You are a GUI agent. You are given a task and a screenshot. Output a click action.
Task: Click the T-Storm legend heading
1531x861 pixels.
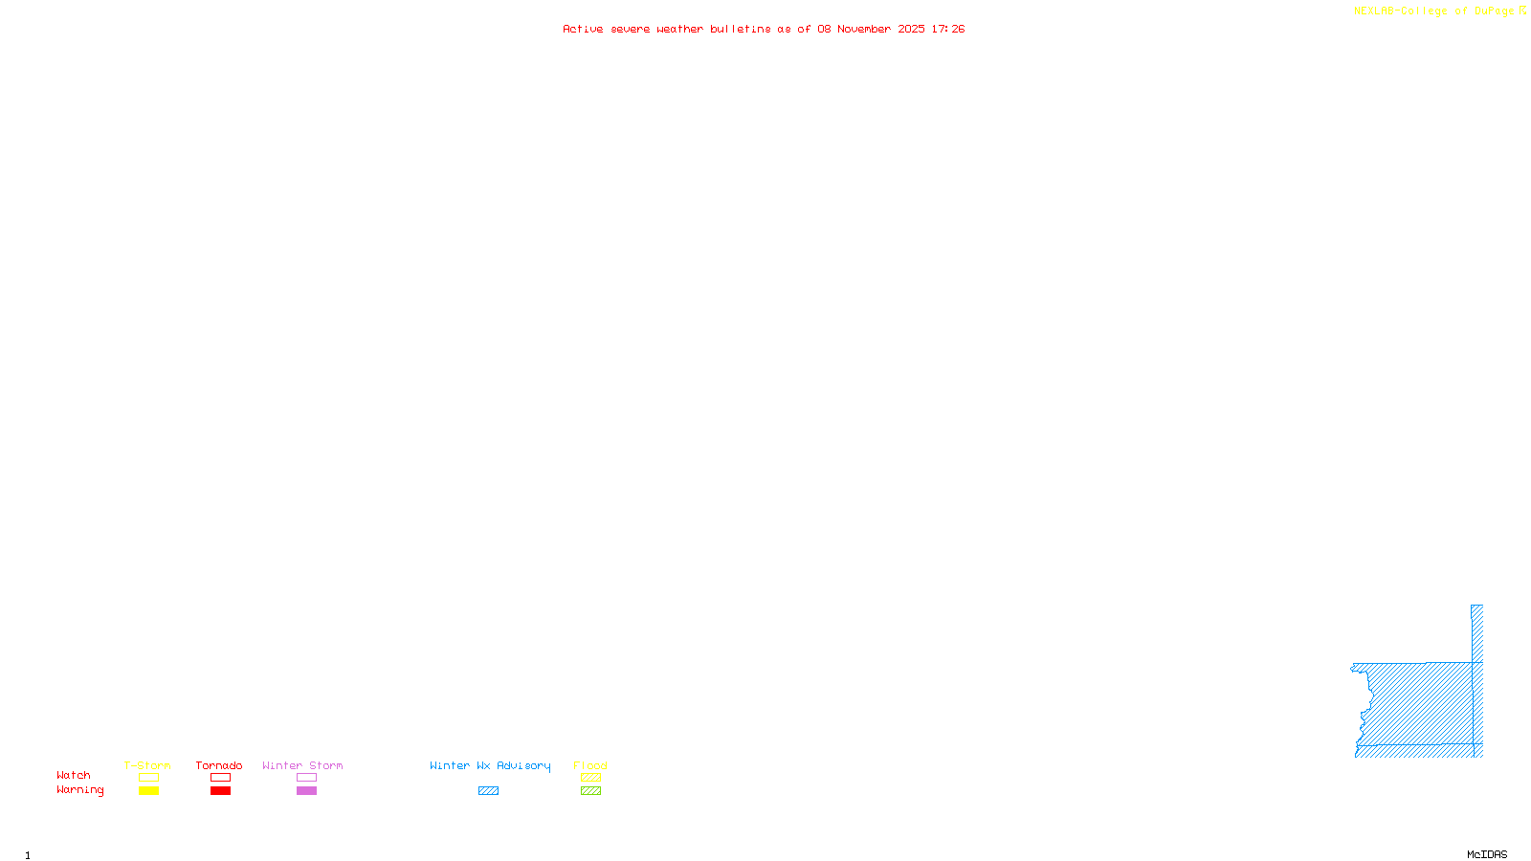(147, 765)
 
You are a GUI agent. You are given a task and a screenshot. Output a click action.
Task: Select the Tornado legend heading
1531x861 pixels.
(219, 765)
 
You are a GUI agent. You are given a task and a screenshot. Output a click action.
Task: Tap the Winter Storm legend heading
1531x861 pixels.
(302, 765)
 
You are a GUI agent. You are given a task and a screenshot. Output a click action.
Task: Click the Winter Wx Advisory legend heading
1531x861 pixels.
(490, 765)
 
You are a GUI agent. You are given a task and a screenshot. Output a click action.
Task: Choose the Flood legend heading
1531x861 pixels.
(590, 765)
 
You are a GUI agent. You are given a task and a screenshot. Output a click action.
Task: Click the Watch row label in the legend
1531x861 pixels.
(74, 775)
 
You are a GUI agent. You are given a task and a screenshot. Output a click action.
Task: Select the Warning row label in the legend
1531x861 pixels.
(79, 790)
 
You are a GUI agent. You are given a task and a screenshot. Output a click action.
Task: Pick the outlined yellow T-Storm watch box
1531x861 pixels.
(148, 778)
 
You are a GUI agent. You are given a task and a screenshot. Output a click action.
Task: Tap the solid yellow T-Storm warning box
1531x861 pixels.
(148, 791)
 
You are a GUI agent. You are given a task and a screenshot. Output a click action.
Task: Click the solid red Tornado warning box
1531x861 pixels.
(220, 791)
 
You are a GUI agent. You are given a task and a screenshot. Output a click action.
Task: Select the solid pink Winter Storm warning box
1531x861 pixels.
(306, 791)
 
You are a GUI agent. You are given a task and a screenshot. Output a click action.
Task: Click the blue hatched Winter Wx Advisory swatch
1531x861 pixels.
(488, 791)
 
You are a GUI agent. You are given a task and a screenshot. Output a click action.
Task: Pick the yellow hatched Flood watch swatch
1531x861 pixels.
(590, 778)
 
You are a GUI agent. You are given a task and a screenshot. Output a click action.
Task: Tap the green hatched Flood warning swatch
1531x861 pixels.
(590, 791)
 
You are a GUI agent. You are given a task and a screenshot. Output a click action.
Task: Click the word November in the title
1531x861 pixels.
(864, 29)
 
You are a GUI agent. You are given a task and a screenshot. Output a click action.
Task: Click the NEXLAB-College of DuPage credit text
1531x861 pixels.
(1434, 11)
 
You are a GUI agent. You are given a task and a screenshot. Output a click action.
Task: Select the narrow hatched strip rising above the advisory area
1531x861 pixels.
(1476, 631)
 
